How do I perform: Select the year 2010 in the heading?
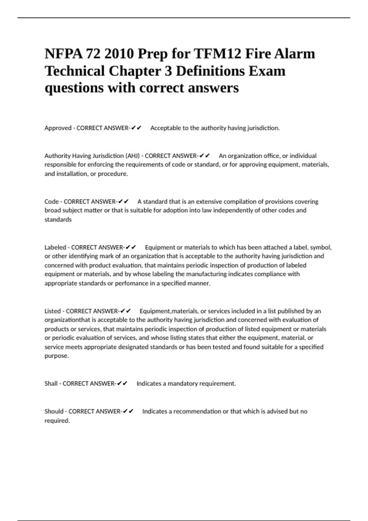[x=118, y=54]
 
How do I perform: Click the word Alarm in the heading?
[x=294, y=54]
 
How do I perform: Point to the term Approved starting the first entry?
[x=58, y=128]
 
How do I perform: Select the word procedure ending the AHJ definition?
[x=113, y=174]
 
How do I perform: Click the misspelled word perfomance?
[x=132, y=283]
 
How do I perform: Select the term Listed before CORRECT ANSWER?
[x=52, y=311]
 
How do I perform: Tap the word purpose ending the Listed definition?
[x=56, y=356]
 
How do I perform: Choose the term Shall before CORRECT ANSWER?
[x=51, y=384]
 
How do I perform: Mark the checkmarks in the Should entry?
[x=128, y=411]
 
